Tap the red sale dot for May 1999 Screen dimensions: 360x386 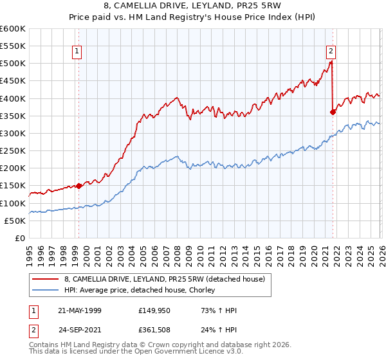[78, 186]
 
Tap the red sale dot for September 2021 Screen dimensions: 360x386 [333, 112]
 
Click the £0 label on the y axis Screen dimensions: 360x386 [19, 238]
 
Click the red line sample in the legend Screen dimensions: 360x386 [46, 279]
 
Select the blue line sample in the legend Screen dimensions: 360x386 [46, 291]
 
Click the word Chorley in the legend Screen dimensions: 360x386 [201, 291]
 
